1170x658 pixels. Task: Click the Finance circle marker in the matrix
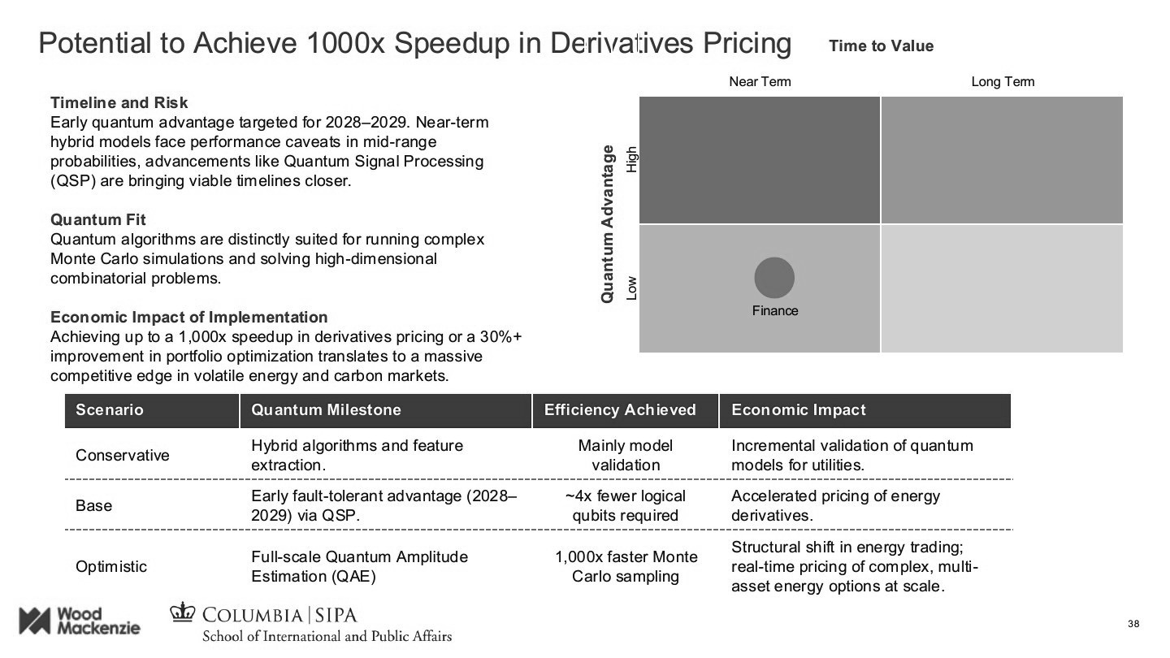tap(774, 277)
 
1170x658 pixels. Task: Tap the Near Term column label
tap(760, 81)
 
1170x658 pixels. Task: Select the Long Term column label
tap(1003, 81)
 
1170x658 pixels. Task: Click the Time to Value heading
tap(881, 46)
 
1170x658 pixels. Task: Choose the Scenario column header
tap(110, 410)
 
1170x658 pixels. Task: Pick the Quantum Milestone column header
tap(326, 410)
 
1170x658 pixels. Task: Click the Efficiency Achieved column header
tap(620, 410)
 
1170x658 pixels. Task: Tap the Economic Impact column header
tap(799, 410)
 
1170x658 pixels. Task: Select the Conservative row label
tap(123, 455)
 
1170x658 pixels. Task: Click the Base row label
tap(93, 505)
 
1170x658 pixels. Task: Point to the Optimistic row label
tap(111, 566)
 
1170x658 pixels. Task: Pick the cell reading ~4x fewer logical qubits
tap(626, 505)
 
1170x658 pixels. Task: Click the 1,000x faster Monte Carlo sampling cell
tap(626, 566)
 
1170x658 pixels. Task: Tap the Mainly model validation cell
tap(626, 455)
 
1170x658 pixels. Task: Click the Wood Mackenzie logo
tap(79, 621)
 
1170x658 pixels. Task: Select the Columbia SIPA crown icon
tap(184, 613)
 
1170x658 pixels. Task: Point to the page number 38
tap(1134, 624)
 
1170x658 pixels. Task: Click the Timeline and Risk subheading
tap(119, 102)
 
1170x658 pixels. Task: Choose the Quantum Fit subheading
tap(98, 219)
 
